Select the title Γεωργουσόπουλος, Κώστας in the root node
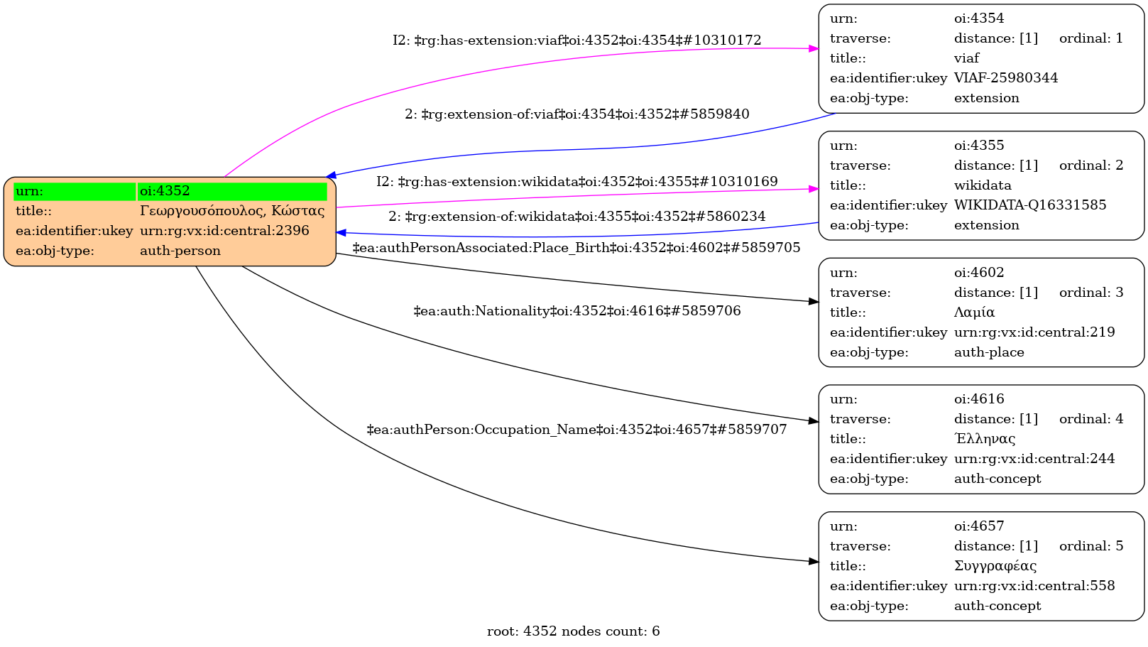coord(232,211)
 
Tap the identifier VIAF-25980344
coord(1005,78)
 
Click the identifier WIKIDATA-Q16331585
coord(1029,205)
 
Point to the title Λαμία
coord(974,312)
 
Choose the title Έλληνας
coord(984,439)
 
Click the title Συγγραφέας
coord(995,566)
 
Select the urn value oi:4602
coord(978,273)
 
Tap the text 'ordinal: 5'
coord(1090,546)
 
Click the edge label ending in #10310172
coord(576,40)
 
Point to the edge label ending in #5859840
coord(576,114)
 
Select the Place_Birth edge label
coord(576,248)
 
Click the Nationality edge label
coord(576,311)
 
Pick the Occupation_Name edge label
coord(576,430)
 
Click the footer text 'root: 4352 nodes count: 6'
coord(573,631)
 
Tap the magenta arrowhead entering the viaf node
coord(814,48)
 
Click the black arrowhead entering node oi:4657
coord(814,562)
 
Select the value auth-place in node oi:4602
coord(988,352)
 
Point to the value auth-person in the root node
coord(180,251)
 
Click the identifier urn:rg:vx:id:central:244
coord(1034,459)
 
